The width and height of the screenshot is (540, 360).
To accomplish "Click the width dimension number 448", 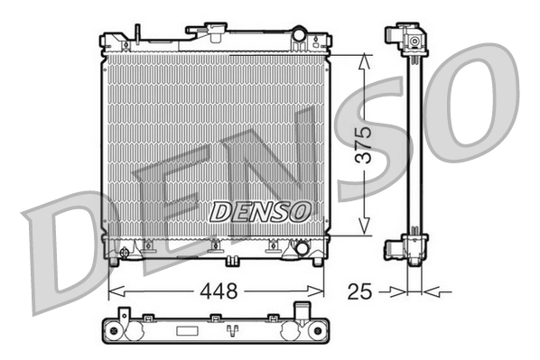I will [217, 291].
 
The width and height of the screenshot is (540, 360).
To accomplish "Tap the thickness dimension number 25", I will [360, 291].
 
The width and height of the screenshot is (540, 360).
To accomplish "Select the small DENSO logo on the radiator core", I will [259, 211].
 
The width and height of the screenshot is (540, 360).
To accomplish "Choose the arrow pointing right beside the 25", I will [396, 291].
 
